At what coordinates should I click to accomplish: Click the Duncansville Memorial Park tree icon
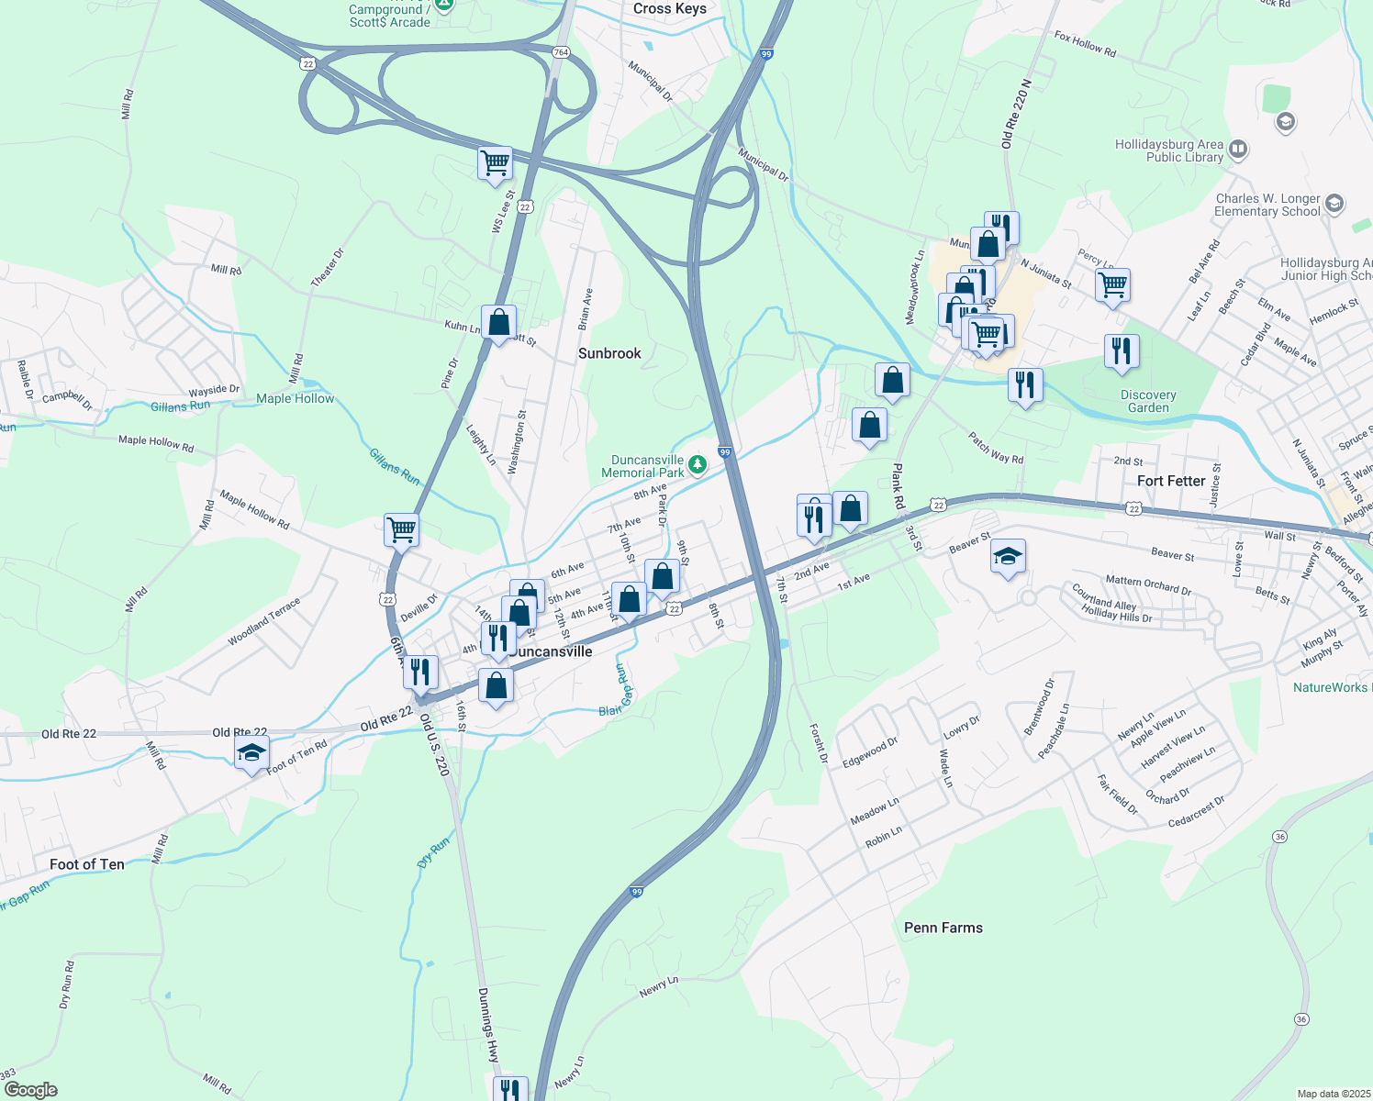pos(698,465)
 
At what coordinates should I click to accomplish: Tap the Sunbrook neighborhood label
pos(609,353)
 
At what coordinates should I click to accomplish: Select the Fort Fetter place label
pos(1171,481)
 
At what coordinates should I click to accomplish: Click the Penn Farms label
pos(943,928)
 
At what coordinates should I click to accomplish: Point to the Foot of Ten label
pos(86,864)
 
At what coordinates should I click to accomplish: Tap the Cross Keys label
pos(670,8)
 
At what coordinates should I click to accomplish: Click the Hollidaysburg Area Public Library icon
pos(1238,149)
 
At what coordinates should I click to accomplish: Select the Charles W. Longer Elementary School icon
pos(1334,203)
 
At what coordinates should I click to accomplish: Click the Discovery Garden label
pos(1148,401)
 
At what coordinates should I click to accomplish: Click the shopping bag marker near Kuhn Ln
pos(498,323)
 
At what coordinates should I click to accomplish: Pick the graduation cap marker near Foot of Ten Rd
pos(251,754)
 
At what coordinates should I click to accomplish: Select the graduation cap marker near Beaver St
pos(1008,556)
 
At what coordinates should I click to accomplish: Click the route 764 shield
pos(561,52)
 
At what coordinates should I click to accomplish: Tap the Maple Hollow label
pos(296,398)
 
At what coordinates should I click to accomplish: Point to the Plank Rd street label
pos(899,486)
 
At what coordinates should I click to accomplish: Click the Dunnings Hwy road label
pos(488,1025)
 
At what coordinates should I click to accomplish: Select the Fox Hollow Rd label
pos(1085,44)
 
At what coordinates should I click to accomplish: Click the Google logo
pos(30,1090)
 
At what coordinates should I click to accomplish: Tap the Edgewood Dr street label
pos(870,752)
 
